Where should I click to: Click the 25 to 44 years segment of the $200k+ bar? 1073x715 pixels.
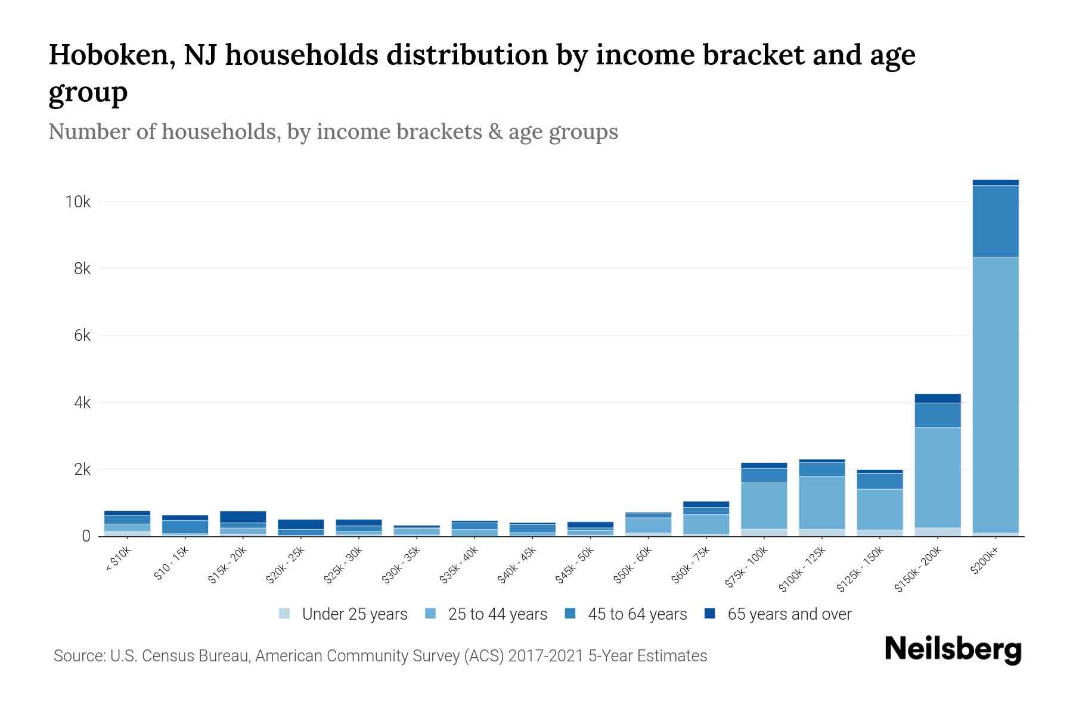[995, 393]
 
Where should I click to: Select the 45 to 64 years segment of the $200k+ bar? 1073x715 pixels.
[995, 221]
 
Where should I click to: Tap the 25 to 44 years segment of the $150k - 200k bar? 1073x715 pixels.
[937, 477]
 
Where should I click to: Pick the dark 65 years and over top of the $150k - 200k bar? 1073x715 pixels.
[937, 398]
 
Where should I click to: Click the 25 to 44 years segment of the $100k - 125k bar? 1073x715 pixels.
[821, 502]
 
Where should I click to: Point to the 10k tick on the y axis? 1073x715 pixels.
[78, 202]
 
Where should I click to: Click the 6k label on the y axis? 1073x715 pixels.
[82, 336]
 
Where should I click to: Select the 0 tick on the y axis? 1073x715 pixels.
[86, 537]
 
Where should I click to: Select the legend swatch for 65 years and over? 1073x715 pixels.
[710, 614]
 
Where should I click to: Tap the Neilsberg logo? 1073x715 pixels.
[953, 649]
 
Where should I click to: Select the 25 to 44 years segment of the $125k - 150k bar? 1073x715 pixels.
[879, 509]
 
